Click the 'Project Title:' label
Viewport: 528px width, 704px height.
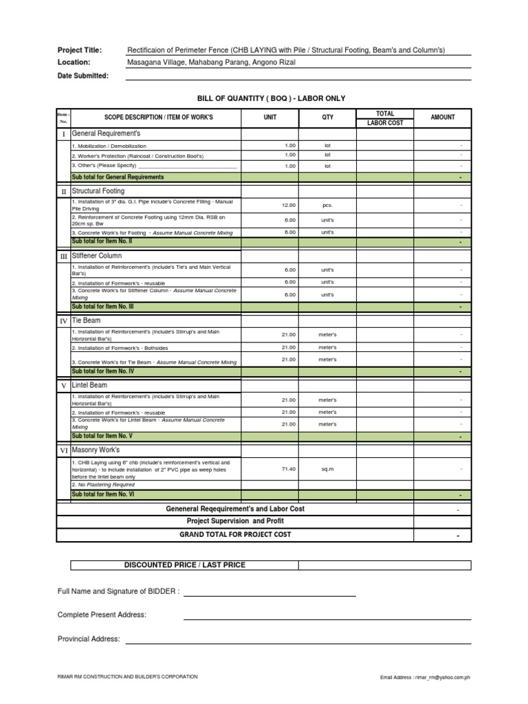coord(80,50)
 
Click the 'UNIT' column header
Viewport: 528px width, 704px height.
coord(270,118)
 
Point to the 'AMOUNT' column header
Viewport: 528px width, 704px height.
coord(443,118)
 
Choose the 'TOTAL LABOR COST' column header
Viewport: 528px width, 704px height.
coord(385,118)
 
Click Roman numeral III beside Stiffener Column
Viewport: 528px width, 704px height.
coord(63,256)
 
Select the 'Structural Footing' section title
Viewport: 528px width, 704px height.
coord(98,191)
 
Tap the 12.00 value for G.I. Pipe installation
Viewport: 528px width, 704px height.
coord(289,205)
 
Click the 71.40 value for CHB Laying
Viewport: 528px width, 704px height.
coord(289,469)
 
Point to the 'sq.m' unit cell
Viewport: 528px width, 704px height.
coord(328,469)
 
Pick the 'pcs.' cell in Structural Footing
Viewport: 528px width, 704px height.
coord(328,205)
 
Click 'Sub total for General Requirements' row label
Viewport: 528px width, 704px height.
coord(118,177)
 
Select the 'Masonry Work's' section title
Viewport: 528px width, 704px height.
coord(96,450)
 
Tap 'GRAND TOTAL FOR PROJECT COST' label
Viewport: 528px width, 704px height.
coord(235,534)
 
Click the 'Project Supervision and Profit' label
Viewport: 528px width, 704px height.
coord(235,521)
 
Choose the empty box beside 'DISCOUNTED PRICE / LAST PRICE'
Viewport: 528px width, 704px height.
coord(384,565)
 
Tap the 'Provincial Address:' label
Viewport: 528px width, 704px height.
coord(89,639)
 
